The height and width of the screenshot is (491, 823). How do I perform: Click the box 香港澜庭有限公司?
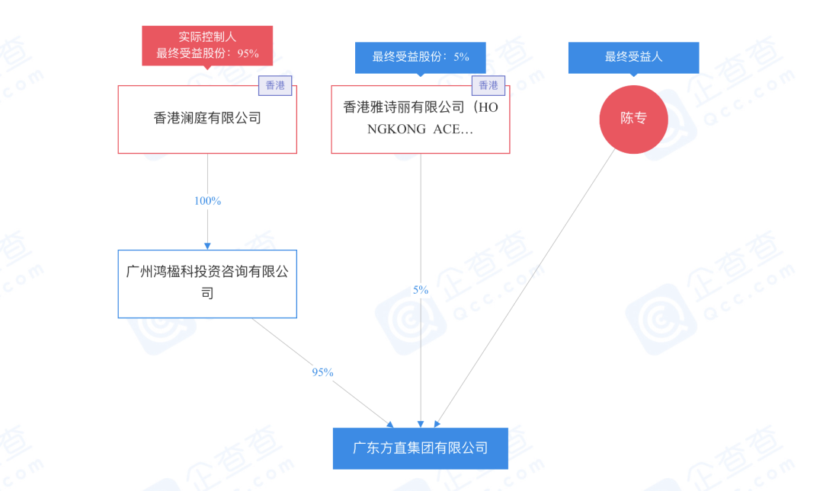207,119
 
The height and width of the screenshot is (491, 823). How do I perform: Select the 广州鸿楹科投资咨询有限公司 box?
207,283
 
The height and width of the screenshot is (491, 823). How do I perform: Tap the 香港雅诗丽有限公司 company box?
420,119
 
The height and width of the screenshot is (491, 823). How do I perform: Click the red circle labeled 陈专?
633,119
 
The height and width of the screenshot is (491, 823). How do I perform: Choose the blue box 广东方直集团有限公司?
420,448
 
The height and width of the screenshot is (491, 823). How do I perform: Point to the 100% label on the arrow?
207,201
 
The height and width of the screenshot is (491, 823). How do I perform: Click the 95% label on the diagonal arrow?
322,372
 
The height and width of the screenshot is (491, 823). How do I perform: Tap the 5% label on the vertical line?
421,290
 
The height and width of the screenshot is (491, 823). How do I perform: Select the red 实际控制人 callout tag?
207,45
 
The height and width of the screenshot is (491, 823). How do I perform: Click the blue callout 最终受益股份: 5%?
420,57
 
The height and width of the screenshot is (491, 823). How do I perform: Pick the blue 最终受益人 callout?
633,57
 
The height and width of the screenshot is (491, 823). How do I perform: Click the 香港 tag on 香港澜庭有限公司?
275,85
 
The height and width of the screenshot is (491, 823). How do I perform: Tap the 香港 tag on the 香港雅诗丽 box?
488,85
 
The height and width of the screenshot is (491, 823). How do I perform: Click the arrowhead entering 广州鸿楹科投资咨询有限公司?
207,245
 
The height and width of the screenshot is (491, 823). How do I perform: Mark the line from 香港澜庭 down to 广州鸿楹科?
207,175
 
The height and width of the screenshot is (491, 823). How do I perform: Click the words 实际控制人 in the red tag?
207,37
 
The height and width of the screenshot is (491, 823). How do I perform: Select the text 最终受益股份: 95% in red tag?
207,53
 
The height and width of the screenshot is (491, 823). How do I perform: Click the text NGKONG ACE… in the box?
420,129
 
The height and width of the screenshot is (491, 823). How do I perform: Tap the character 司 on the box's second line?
207,293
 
